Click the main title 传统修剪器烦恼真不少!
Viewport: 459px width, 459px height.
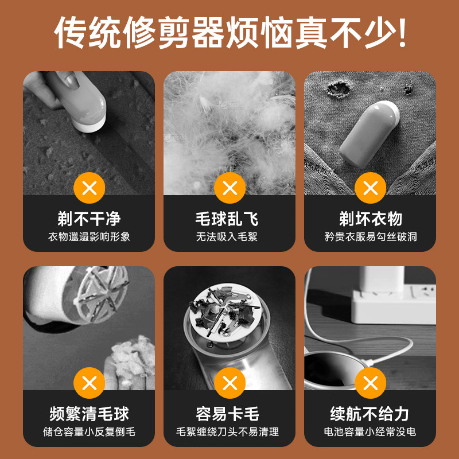click(229, 33)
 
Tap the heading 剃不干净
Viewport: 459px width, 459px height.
click(89, 219)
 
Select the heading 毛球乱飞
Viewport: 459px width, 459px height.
click(229, 219)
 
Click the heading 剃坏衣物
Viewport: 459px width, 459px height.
click(370, 219)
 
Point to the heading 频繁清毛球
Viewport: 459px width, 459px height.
click(89, 414)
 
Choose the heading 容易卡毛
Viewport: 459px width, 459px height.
click(229, 414)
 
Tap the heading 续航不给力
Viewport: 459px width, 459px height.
click(370, 414)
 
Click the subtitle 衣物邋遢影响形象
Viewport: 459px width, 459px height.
click(89, 236)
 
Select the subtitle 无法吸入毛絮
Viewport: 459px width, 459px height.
click(229, 236)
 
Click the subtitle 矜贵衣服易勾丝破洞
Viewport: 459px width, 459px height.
click(370, 236)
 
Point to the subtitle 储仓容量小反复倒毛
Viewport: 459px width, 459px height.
click(89, 431)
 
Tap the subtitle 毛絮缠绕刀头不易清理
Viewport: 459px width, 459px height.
click(229, 431)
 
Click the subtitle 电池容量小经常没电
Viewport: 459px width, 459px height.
click(370, 431)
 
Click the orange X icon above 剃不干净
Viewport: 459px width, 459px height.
click(89, 187)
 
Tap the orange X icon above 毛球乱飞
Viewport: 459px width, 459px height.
click(229, 187)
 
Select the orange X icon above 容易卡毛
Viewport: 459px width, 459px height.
click(229, 382)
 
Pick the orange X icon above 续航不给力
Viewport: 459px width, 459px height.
click(370, 382)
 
